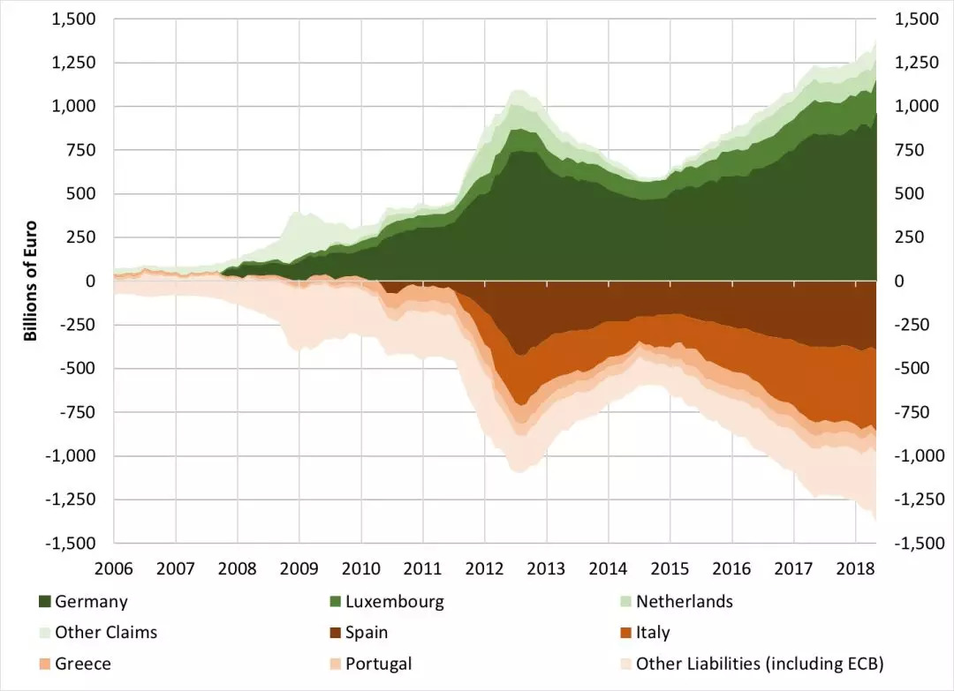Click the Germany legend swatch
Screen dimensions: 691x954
45,602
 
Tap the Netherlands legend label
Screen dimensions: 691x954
684,602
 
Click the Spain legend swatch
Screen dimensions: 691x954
336,633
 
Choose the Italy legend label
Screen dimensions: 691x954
653,633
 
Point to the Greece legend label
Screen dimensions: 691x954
83,664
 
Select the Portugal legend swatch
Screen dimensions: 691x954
336,664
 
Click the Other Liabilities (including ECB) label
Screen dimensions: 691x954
760,664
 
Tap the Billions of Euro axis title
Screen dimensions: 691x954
30,281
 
